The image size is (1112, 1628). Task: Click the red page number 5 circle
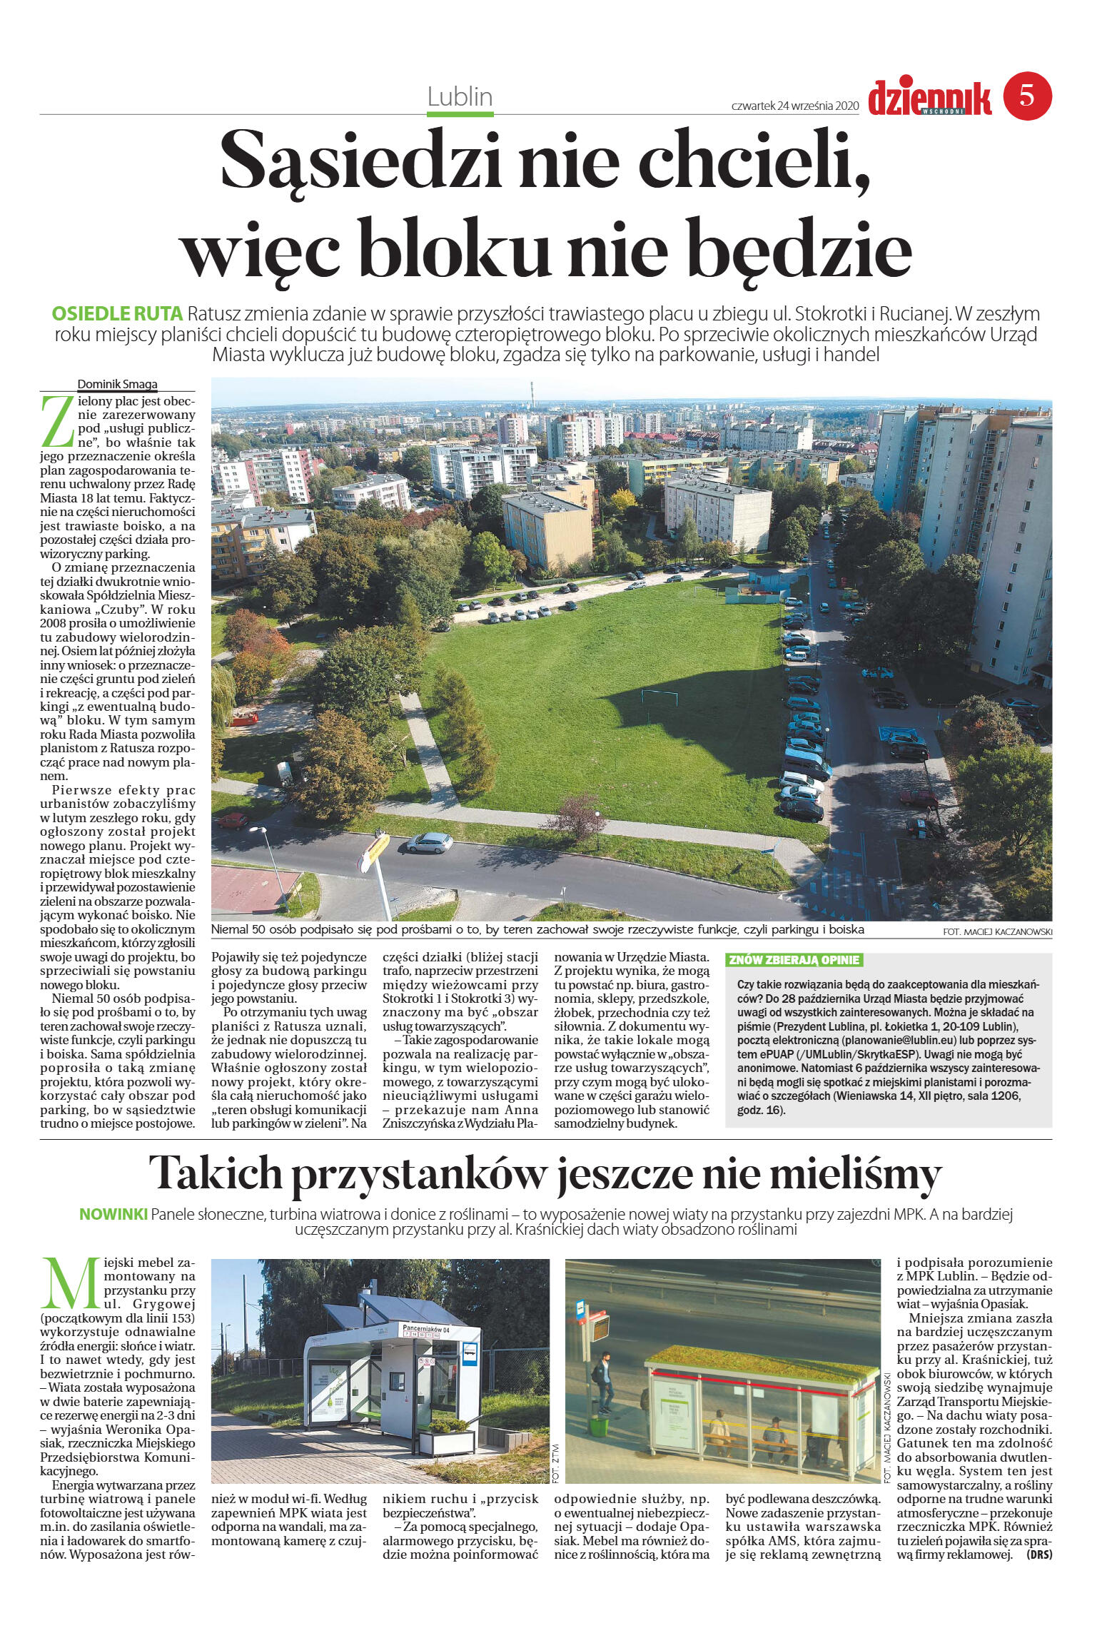[x=1028, y=96]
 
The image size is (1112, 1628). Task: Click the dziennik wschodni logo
[x=929, y=98]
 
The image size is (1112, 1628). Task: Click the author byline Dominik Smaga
[x=117, y=384]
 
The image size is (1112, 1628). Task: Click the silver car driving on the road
[x=429, y=843]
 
